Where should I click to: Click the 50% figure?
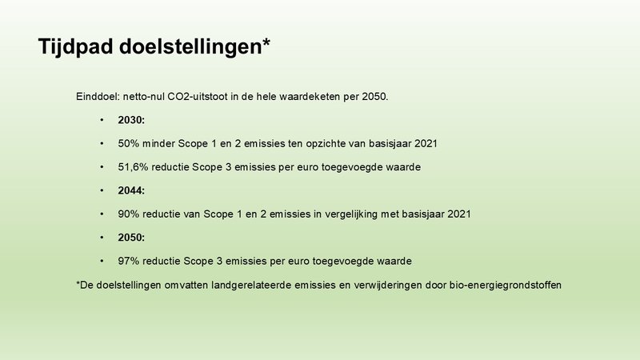(130, 143)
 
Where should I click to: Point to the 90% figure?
(130, 214)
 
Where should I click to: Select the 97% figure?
(130, 262)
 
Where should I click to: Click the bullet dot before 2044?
(102, 190)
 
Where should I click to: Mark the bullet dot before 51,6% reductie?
(102, 167)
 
